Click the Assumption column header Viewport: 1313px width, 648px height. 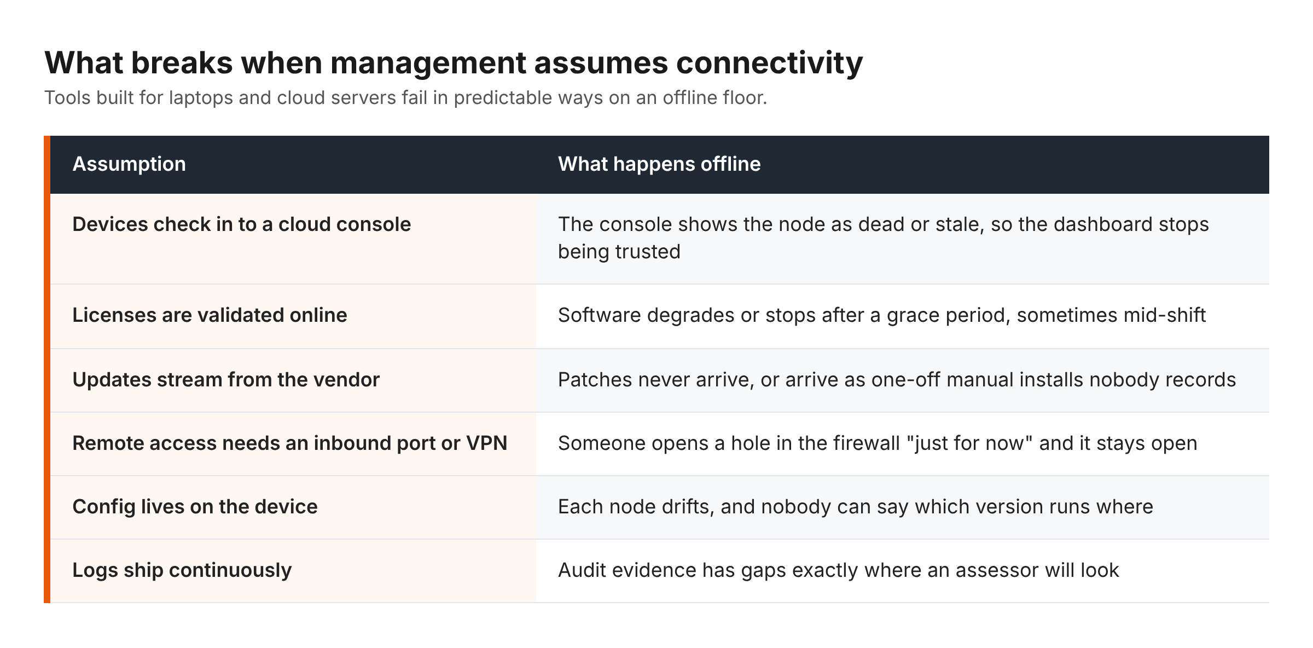(x=129, y=164)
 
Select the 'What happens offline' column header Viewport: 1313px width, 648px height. (x=659, y=164)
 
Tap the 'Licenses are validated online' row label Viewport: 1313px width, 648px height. (x=210, y=315)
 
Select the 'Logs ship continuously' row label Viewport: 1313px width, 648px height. (x=182, y=570)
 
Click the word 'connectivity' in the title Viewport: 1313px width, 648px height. (x=770, y=63)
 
